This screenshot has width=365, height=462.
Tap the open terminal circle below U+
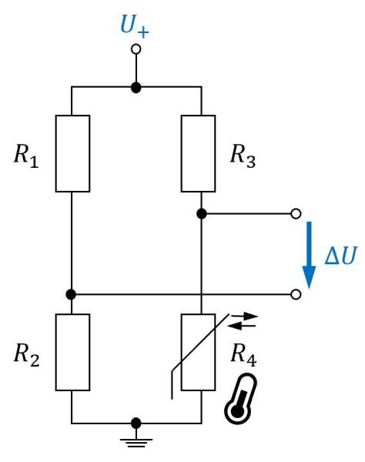[136, 49]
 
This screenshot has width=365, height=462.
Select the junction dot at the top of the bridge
[136, 88]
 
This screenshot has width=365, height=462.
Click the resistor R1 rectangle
[72, 152]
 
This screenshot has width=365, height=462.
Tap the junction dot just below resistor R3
[201, 213]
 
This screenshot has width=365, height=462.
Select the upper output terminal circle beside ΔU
[296, 213]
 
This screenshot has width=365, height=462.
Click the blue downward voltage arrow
[309, 254]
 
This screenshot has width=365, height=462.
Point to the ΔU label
[340, 256]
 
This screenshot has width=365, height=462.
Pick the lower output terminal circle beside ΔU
[296, 294]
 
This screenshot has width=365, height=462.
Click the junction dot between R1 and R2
[72, 294]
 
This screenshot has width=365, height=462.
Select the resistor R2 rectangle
[72, 352]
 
